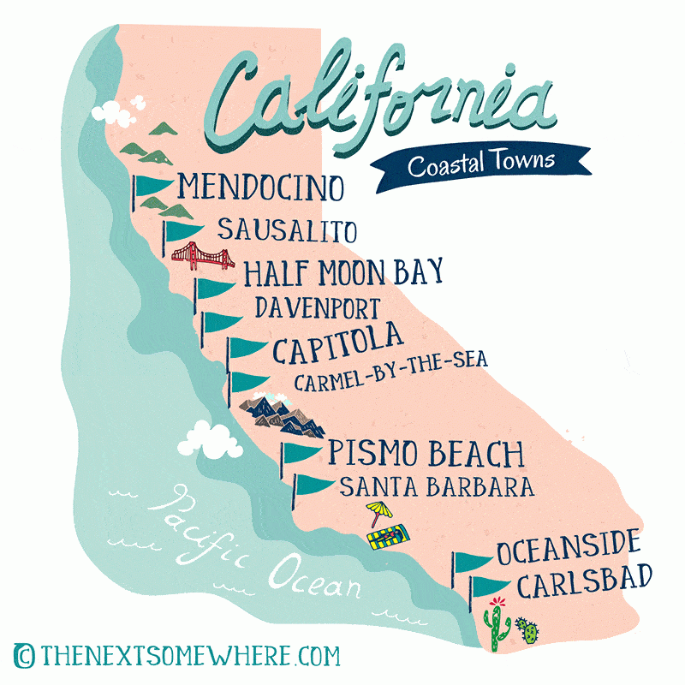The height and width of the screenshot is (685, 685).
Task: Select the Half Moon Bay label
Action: click(x=343, y=272)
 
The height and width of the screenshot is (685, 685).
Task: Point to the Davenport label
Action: click(x=317, y=307)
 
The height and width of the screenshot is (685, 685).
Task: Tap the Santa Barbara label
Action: click(x=437, y=487)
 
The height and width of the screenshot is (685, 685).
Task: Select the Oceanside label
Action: click(x=569, y=544)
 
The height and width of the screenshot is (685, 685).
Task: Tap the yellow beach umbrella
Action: click(x=377, y=513)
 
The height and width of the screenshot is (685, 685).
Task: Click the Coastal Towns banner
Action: click(x=481, y=163)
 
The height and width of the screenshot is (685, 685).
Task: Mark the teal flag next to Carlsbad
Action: click(x=490, y=587)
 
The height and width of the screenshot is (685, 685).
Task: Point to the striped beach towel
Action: click(x=387, y=539)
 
